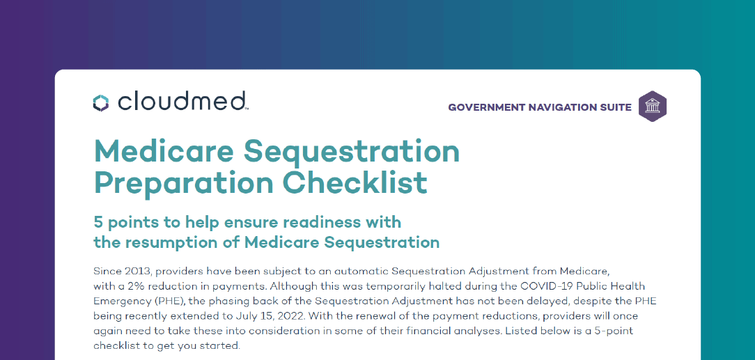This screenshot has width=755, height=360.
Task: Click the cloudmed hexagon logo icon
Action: click(101, 103)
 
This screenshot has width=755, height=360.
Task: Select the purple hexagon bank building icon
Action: click(653, 107)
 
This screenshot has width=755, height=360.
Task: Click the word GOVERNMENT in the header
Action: click(486, 107)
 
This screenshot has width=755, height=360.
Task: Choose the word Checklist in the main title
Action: click(355, 182)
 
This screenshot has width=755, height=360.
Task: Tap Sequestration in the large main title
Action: click(352, 152)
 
